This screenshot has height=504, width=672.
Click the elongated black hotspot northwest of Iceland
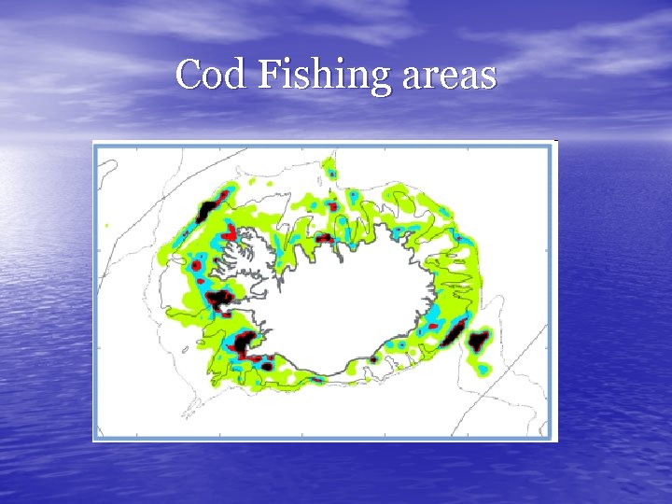(x=206, y=211)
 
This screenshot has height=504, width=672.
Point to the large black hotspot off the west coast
(x=222, y=300)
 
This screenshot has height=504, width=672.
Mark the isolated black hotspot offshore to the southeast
(x=479, y=341)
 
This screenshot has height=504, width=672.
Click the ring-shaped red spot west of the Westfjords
(x=197, y=266)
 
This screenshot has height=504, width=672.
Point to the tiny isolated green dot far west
(x=107, y=225)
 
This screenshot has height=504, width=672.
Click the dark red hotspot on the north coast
(x=324, y=239)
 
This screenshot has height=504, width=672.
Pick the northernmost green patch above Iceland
(x=329, y=170)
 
